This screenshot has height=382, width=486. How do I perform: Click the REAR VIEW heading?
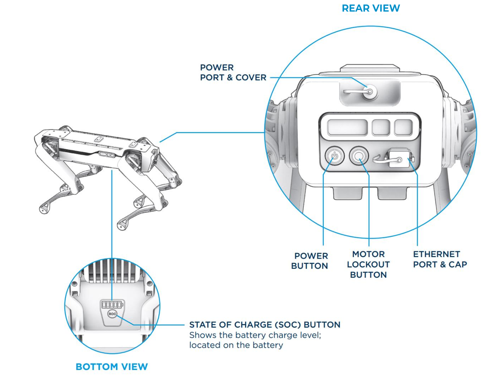pos(371,8)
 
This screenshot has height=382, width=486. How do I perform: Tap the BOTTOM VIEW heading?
pos(111,367)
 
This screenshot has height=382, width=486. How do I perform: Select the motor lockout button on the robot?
pos(358,156)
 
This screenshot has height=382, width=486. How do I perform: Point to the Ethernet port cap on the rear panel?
pos(399,158)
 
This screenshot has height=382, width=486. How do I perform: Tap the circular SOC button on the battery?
pos(112,314)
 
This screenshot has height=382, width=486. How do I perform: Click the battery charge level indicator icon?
pos(112,304)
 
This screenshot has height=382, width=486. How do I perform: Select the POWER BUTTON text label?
pos(310,261)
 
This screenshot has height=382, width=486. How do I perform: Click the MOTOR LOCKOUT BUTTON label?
pos(368,264)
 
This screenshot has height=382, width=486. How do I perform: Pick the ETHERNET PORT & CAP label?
pos(440,259)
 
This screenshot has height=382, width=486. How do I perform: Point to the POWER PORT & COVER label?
pos(233,72)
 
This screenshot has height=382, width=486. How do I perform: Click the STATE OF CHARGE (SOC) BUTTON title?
pos(265,325)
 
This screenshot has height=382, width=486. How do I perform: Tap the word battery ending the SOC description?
pos(268,345)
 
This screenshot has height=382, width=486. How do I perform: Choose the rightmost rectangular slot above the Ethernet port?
pos(403,127)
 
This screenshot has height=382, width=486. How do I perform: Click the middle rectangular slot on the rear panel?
pos(381,127)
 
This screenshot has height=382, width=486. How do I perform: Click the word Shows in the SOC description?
pos(203,335)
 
